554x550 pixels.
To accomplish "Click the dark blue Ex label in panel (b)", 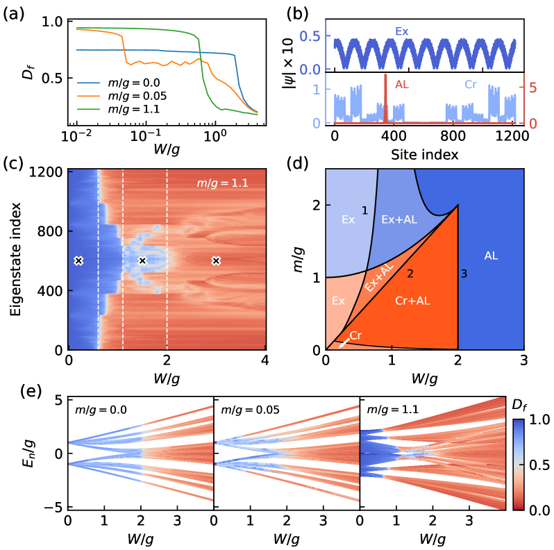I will [401, 31].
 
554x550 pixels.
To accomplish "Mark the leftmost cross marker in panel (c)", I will [78, 260].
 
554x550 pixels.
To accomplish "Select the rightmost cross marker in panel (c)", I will [216, 260].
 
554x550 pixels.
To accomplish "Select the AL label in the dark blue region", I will [491, 256].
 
